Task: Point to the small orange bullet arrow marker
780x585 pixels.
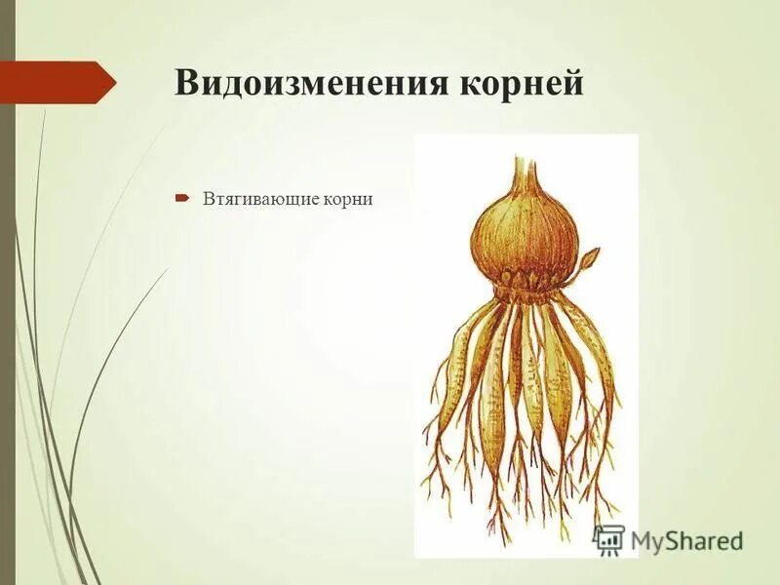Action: pos(182,198)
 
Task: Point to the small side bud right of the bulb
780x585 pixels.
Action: pos(589,259)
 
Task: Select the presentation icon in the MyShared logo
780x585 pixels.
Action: pos(608,539)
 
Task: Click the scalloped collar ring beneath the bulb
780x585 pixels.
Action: pos(527,284)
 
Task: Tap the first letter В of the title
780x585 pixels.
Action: pos(185,84)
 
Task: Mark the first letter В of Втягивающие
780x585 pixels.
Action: pos(208,199)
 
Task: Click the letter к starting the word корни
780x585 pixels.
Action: pos(332,199)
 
